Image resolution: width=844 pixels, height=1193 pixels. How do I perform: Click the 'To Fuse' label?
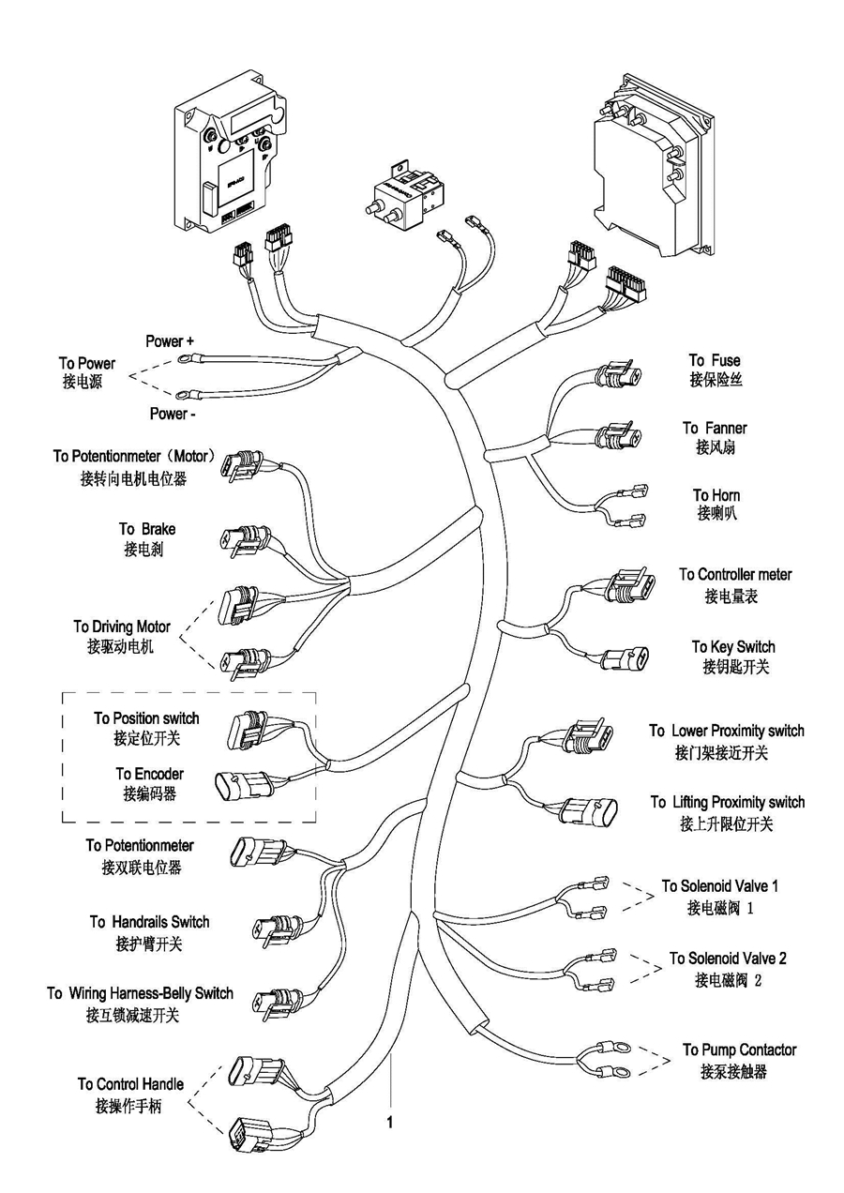click(715, 361)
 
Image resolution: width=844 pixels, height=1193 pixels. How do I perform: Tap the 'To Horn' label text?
click(716, 495)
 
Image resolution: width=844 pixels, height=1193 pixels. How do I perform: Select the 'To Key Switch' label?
click(733, 647)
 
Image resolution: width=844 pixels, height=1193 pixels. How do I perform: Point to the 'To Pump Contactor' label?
click(739, 1050)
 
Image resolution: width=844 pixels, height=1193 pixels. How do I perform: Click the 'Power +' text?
click(170, 342)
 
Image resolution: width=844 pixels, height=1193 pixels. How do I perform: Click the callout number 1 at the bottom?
click(389, 1122)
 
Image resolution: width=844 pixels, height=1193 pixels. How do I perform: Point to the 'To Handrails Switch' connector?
click(272, 928)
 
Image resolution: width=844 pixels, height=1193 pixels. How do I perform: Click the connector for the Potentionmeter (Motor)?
click(240, 466)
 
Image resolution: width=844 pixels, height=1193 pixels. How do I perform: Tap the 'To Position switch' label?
click(146, 718)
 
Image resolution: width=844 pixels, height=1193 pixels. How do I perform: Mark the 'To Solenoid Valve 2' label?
click(728, 959)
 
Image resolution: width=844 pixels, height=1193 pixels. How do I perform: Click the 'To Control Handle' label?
click(130, 1084)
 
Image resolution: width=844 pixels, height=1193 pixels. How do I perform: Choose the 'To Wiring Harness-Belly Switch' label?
click(140, 993)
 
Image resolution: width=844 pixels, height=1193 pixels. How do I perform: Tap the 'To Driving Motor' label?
click(122, 627)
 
